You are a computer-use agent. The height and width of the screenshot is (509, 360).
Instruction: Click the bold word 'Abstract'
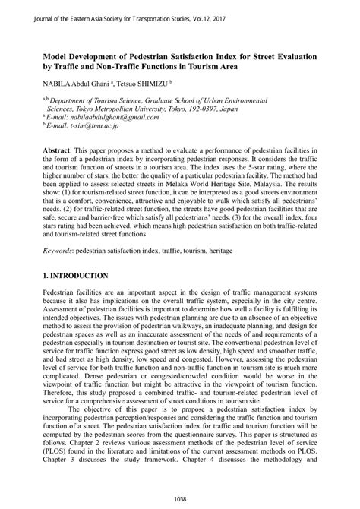click(60, 152)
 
